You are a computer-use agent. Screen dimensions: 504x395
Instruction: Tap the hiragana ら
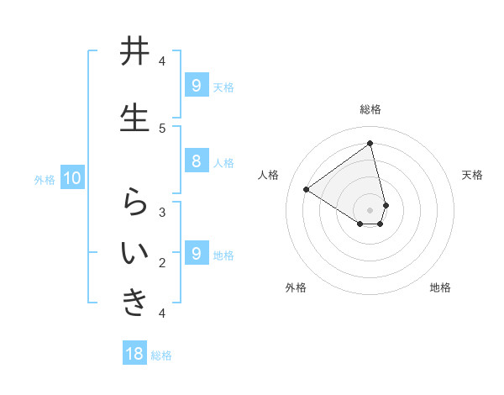[134, 202]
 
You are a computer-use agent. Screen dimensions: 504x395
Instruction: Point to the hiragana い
[134, 253]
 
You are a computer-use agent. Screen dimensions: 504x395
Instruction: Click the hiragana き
[134, 303]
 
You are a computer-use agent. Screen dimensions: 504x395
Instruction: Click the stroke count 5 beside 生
[162, 129]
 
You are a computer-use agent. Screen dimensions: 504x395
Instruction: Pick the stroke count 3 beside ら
[162, 213]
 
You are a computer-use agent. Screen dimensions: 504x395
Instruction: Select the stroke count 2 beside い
[162, 263]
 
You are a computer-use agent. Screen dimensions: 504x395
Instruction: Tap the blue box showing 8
[196, 161]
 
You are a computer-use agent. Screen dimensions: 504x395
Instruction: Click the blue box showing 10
[71, 177]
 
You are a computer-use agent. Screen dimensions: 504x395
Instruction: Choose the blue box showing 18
[134, 354]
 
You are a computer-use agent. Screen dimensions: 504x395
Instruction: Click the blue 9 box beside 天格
[196, 85]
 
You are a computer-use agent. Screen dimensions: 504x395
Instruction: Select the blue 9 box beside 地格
[196, 253]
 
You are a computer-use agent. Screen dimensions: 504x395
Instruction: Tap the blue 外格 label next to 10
[45, 179]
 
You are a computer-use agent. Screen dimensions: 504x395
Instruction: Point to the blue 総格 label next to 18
[161, 355]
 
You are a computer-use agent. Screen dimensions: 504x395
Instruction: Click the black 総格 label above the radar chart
[370, 109]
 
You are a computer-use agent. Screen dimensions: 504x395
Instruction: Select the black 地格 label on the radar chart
[440, 287]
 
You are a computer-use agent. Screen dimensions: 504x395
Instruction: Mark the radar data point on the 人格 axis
[307, 190]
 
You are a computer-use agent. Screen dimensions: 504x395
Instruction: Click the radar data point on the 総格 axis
[370, 144]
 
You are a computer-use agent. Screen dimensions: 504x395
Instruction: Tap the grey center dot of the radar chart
[370, 209]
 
